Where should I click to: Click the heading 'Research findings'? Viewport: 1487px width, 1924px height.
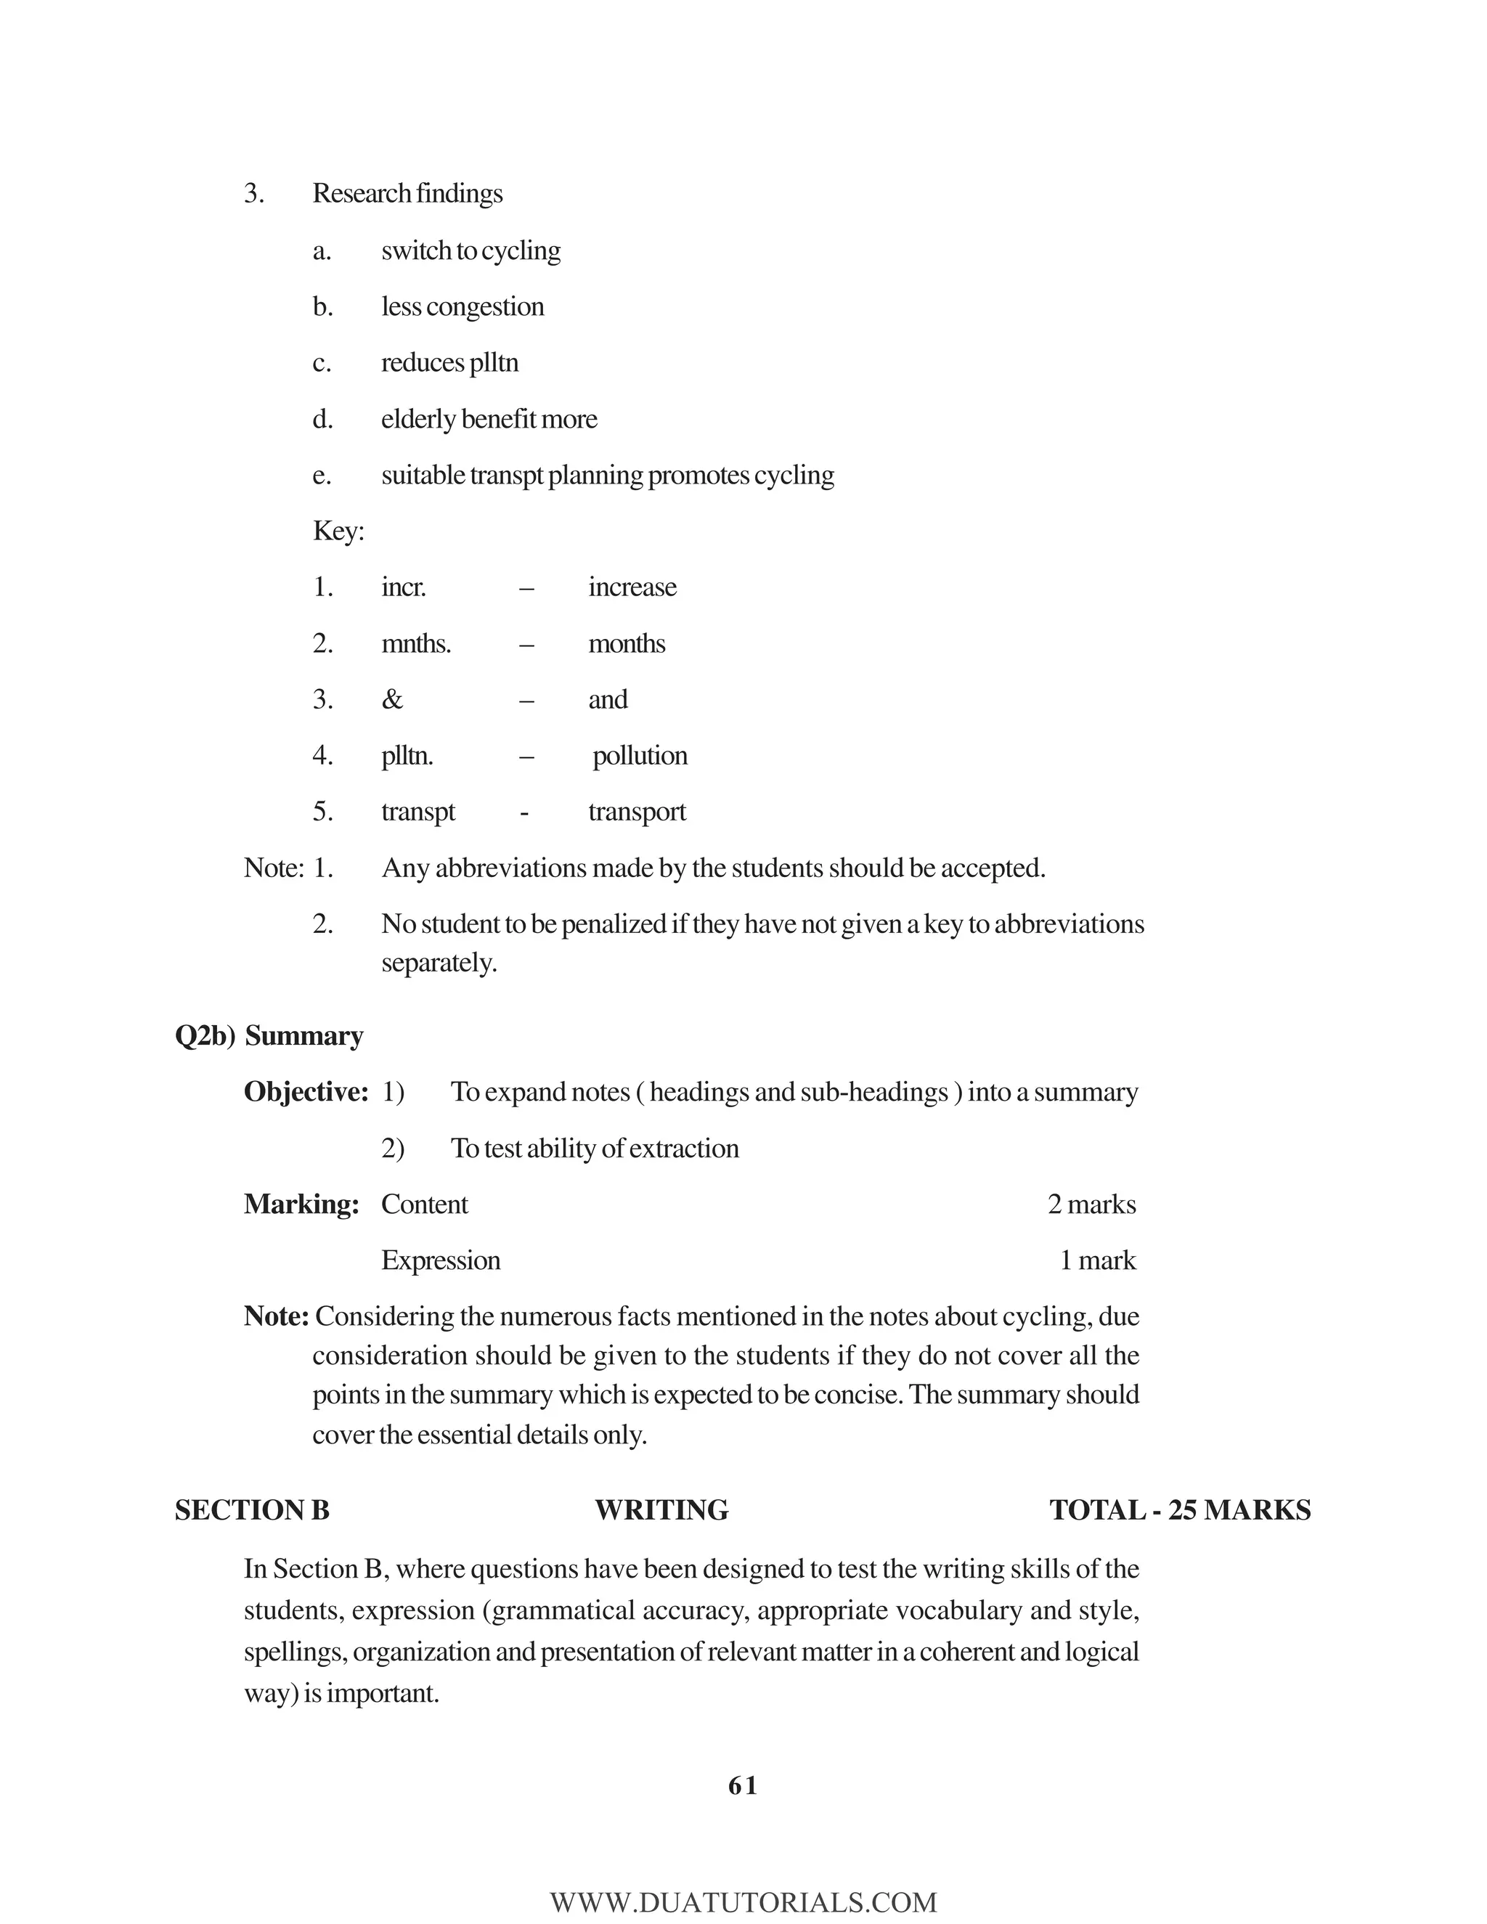pyautogui.click(x=407, y=194)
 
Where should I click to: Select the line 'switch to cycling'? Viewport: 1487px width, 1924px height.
pyautogui.click(x=470, y=251)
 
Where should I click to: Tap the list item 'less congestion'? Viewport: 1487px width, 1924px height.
pyautogui.click(x=463, y=307)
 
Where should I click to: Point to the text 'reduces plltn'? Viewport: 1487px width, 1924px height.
pyautogui.click(x=449, y=363)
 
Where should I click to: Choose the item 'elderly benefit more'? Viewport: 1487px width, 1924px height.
pyautogui.click(x=489, y=420)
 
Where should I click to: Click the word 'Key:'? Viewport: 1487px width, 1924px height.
pyautogui.click(x=338, y=531)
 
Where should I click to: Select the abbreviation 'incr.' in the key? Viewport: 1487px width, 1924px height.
pyautogui.click(x=404, y=587)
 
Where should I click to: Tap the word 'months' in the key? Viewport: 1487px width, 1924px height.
pyautogui.click(x=627, y=644)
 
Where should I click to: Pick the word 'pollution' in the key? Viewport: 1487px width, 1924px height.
pyautogui.click(x=640, y=756)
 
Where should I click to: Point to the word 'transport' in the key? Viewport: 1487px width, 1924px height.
pyautogui.click(x=637, y=812)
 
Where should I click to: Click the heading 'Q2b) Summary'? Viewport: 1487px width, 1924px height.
pyautogui.click(x=269, y=1036)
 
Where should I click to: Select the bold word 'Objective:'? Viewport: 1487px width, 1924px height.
pyautogui.click(x=306, y=1093)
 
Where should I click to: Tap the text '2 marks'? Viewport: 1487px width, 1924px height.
pyautogui.click(x=1091, y=1204)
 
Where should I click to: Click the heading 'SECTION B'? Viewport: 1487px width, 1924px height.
pyautogui.click(x=252, y=1511)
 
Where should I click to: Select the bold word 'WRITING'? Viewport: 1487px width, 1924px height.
pyautogui.click(x=661, y=1511)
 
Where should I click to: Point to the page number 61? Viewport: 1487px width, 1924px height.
pyautogui.click(x=743, y=1786)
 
